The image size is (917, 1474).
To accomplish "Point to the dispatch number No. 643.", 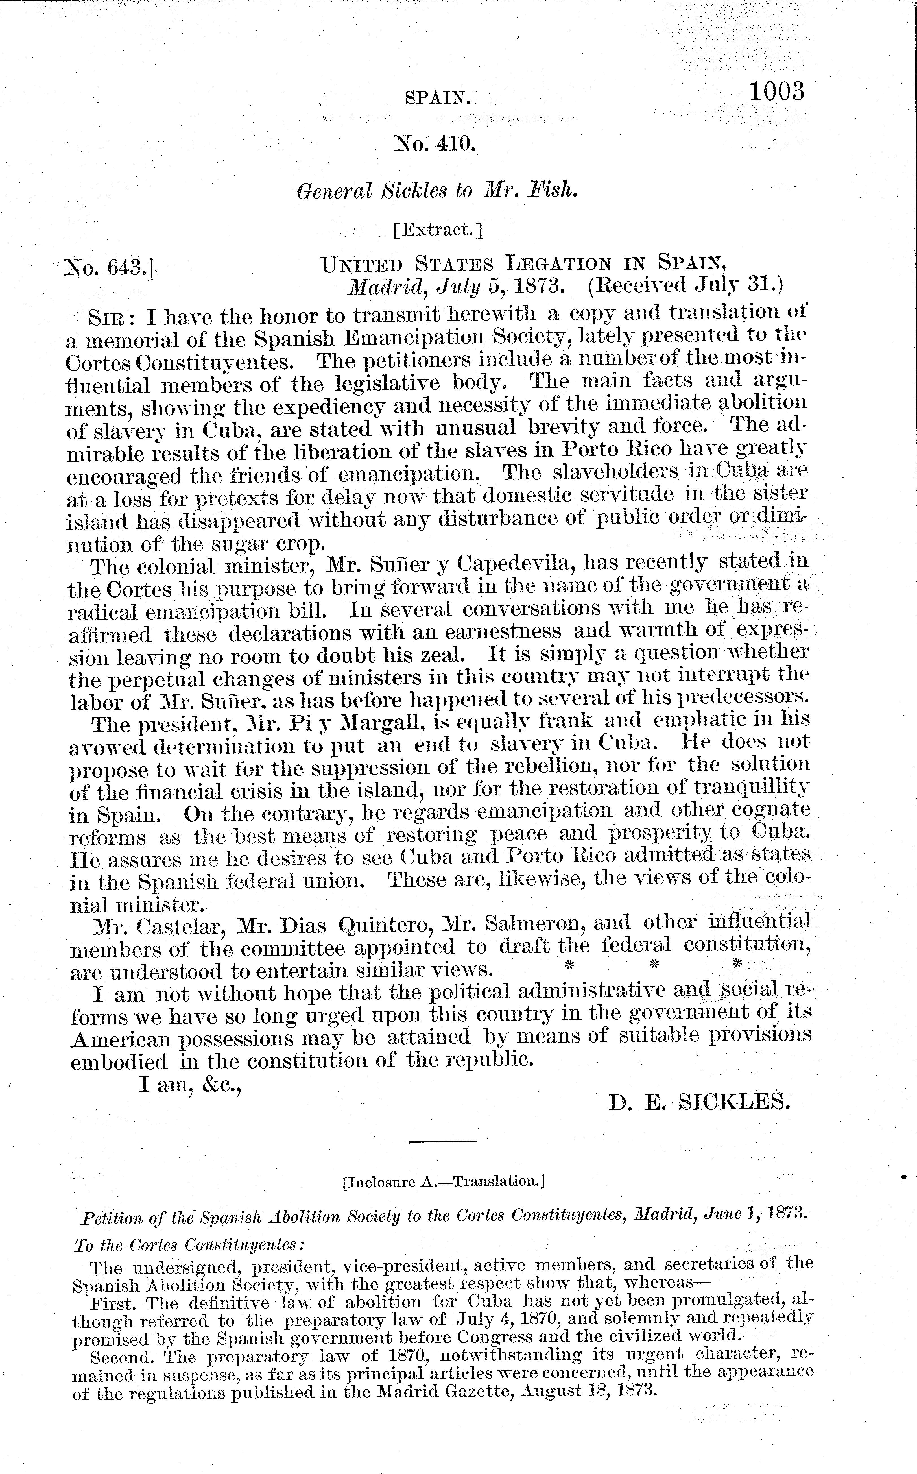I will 109,267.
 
